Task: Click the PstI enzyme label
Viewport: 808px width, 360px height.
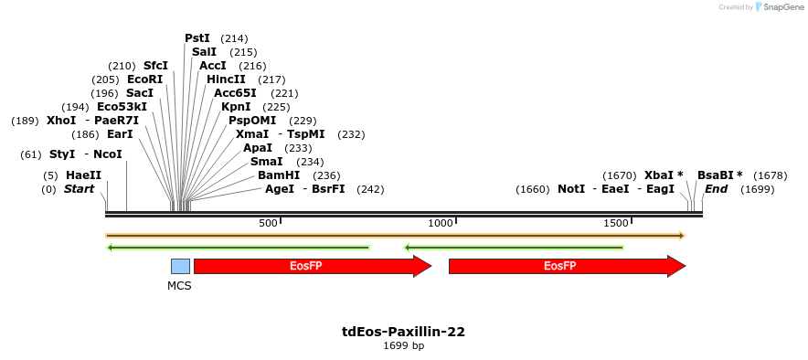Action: click(x=197, y=38)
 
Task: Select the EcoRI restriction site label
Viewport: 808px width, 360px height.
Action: click(x=144, y=79)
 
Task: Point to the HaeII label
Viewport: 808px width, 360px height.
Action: click(x=83, y=175)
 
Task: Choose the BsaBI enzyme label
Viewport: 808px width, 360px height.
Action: click(x=719, y=175)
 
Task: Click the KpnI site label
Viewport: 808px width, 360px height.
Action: click(x=236, y=107)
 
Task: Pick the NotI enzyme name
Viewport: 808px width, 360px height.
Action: click(x=571, y=189)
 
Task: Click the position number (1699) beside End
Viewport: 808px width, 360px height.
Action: click(x=757, y=189)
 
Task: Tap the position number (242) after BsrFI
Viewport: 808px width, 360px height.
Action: click(x=370, y=189)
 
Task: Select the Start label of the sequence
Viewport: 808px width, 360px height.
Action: click(x=79, y=189)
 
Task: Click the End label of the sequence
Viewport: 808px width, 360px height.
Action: click(x=716, y=189)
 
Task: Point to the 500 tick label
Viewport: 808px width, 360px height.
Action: click(x=268, y=223)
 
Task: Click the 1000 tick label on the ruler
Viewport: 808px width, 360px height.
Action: click(x=441, y=223)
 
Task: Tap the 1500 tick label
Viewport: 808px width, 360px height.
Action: click(x=616, y=223)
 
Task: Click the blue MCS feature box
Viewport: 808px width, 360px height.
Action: click(x=180, y=266)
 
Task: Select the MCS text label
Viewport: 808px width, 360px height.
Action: click(x=179, y=285)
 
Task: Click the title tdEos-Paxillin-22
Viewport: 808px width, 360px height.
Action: click(x=403, y=332)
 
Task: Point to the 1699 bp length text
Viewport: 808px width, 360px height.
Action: click(x=403, y=345)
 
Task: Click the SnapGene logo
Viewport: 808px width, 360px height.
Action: click(x=778, y=7)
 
